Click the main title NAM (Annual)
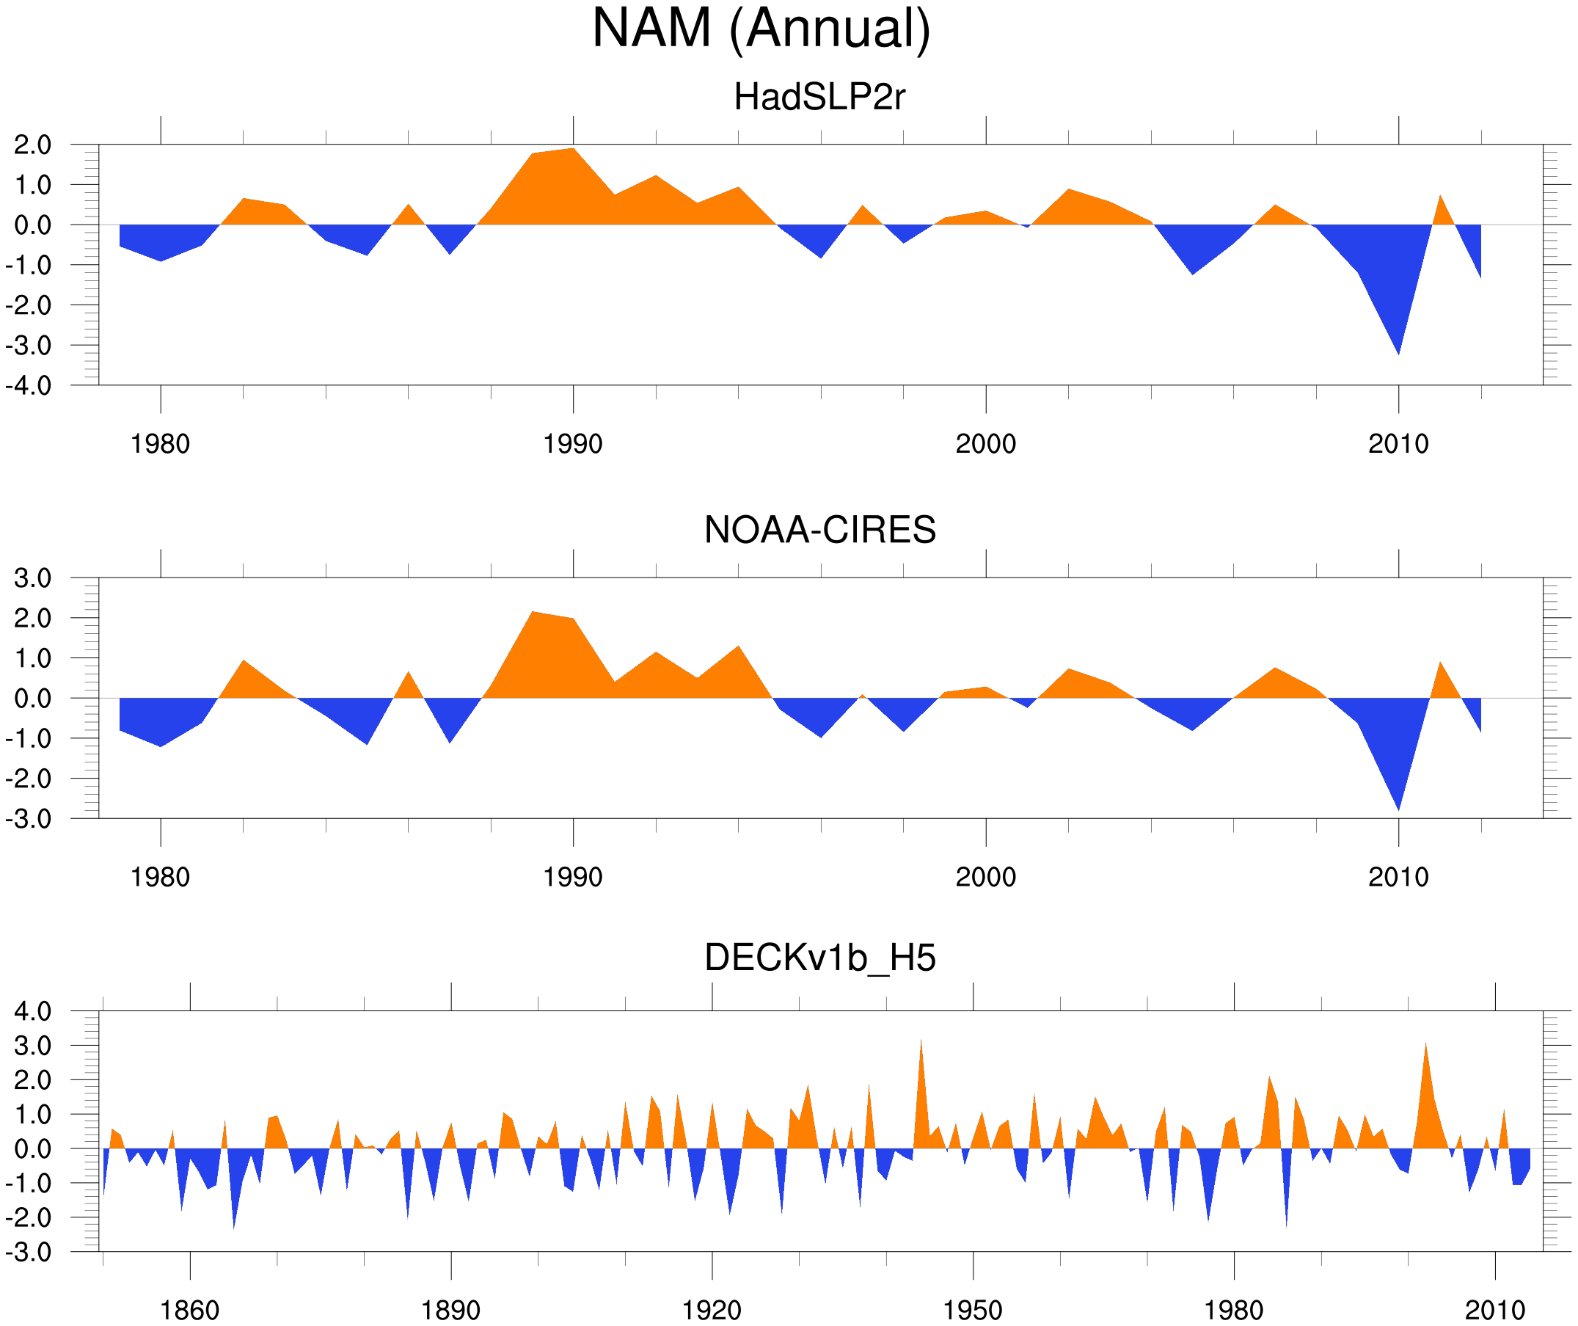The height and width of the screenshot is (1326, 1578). point(761,29)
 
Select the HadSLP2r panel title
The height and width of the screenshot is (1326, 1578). point(819,97)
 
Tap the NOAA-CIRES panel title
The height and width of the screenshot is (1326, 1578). point(819,530)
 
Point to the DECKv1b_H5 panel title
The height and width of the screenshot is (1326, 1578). point(819,958)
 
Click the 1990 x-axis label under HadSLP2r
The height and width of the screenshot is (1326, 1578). point(573,444)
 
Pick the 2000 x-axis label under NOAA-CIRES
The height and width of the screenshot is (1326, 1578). point(985,877)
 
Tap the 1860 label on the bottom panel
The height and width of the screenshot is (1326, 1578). point(189,1310)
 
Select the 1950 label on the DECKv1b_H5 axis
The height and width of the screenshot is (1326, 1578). point(972,1310)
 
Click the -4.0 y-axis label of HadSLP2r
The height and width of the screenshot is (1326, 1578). point(29,386)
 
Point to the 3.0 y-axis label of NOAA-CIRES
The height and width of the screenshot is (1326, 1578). point(32,578)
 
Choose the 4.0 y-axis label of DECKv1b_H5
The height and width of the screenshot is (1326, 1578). point(32,1011)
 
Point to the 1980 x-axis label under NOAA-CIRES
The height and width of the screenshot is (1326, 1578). point(160,877)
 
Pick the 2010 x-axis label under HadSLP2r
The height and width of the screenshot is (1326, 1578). point(1398,444)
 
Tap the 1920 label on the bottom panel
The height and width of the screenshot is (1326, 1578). point(711,1310)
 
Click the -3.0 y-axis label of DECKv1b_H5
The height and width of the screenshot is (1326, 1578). point(29,1253)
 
